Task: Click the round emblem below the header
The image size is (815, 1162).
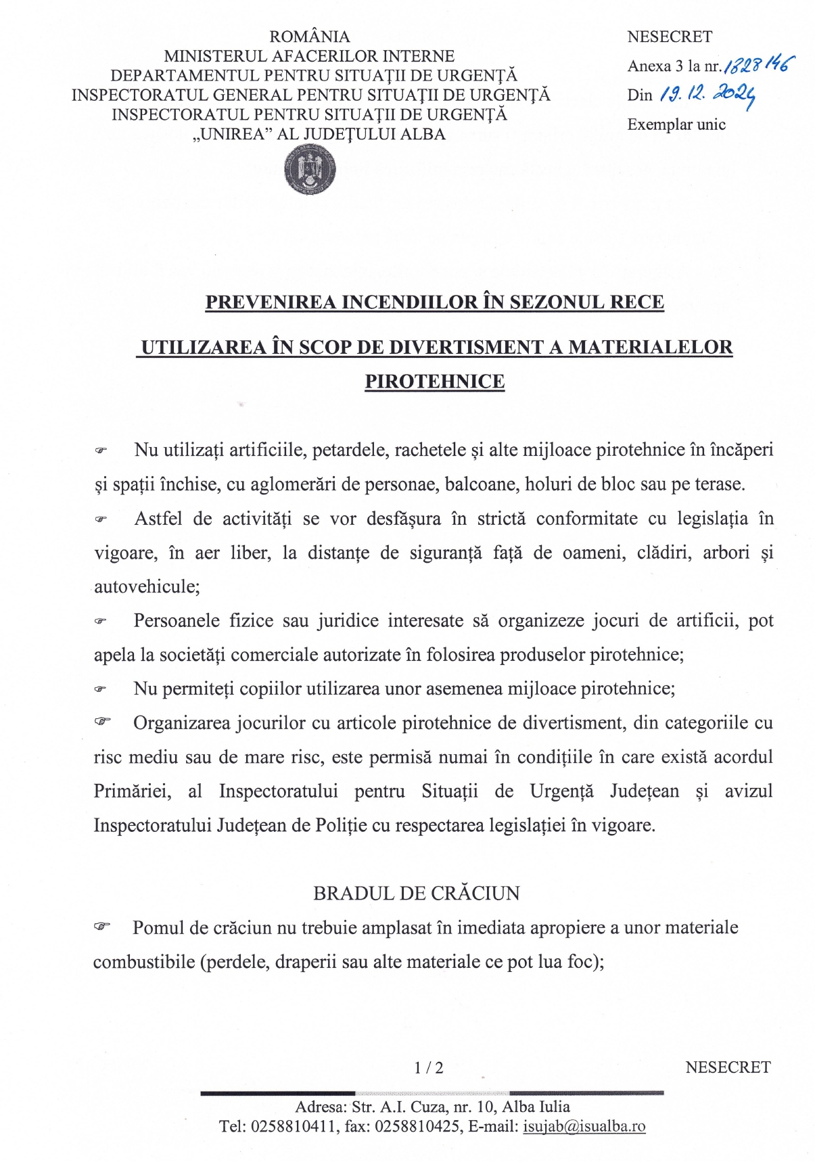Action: coord(310,170)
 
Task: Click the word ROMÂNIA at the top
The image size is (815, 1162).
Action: coord(310,37)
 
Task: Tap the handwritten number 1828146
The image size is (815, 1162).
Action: coord(759,65)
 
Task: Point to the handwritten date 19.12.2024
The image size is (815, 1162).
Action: coord(707,95)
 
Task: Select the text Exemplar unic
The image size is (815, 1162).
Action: coord(676,124)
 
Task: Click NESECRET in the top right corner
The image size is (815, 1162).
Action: coord(669,37)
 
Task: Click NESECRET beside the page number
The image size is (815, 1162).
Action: coord(728,1067)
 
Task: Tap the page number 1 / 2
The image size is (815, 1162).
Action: coord(429,1068)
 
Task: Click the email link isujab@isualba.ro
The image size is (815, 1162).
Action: coord(584,1126)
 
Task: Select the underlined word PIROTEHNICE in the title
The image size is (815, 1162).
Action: coord(435,381)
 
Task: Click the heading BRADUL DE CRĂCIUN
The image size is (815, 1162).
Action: coord(416,893)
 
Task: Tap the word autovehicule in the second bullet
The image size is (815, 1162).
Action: coord(147,586)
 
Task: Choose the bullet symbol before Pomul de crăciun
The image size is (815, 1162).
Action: coord(102,927)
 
